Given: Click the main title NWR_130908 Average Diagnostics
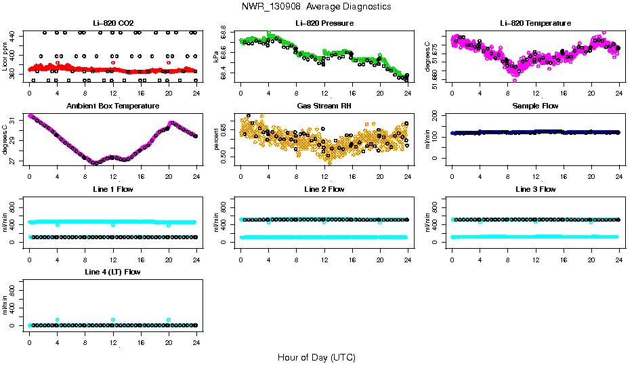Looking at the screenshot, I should coord(316,7).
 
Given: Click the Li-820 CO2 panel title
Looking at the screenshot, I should coord(113,24).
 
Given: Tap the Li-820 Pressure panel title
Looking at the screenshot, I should coord(324,24).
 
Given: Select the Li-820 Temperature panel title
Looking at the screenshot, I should coord(535,24).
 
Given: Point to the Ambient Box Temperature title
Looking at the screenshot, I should coord(113,106).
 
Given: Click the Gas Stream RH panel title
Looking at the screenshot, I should coord(324,106).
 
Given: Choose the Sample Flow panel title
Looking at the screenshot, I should coord(535,106).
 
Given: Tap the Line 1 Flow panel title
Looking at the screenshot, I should coord(113,189).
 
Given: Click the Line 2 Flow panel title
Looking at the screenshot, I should coord(324,189).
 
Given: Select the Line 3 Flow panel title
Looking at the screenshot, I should coord(535,189).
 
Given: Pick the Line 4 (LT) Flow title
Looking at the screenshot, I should coord(113,272).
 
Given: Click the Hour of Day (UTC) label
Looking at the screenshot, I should coord(316,357).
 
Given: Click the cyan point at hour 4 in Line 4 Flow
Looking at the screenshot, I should coord(58,320).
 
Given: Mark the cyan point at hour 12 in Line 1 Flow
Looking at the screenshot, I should coord(113,225).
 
